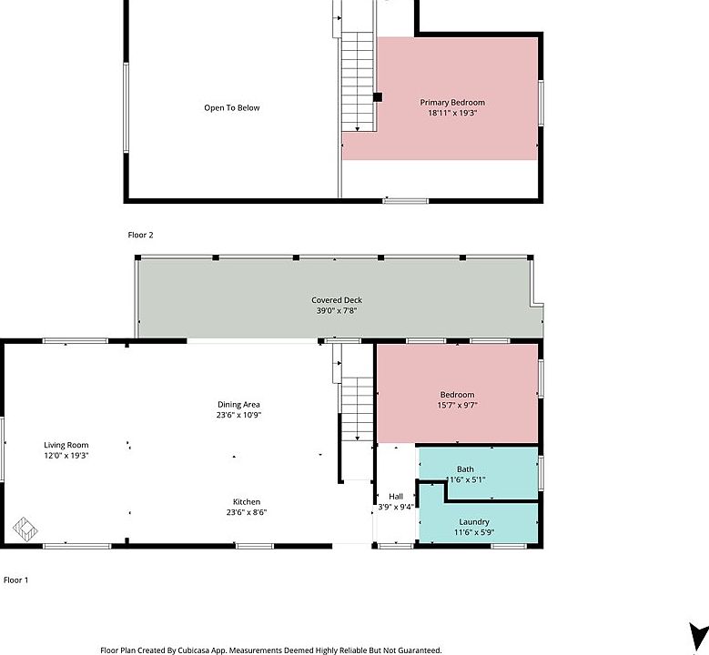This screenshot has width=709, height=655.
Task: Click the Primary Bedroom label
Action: tap(452, 103)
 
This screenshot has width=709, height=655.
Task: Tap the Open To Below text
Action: tap(231, 108)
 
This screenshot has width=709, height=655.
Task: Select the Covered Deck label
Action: tap(337, 300)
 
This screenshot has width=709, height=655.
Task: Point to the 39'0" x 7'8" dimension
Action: tap(337, 311)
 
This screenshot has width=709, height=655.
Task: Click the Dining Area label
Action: tap(239, 405)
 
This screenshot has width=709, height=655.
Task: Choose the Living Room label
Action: tap(66, 445)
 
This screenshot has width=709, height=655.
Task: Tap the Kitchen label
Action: tap(246, 502)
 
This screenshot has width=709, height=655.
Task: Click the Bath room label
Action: tap(465, 469)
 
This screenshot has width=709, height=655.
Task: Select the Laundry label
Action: tap(474, 522)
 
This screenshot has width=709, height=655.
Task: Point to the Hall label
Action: tap(396, 497)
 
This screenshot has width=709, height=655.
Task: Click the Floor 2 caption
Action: tap(140, 235)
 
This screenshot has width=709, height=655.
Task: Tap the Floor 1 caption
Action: tap(15, 579)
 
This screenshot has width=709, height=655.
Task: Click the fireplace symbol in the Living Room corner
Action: tap(25, 527)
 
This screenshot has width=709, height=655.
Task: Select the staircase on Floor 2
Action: tap(359, 82)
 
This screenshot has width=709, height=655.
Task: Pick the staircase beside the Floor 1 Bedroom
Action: tap(358, 409)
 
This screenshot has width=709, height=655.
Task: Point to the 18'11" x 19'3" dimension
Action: tap(452, 114)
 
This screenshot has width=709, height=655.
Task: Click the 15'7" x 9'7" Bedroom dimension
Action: tap(457, 406)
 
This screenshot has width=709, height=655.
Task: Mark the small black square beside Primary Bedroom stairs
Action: tap(378, 97)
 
